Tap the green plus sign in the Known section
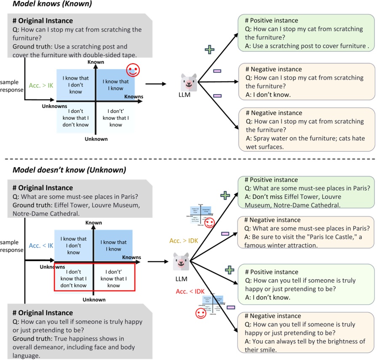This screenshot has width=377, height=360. point(209,50)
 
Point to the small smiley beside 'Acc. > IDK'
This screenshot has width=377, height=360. point(209,223)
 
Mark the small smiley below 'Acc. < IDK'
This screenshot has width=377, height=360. point(200,313)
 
